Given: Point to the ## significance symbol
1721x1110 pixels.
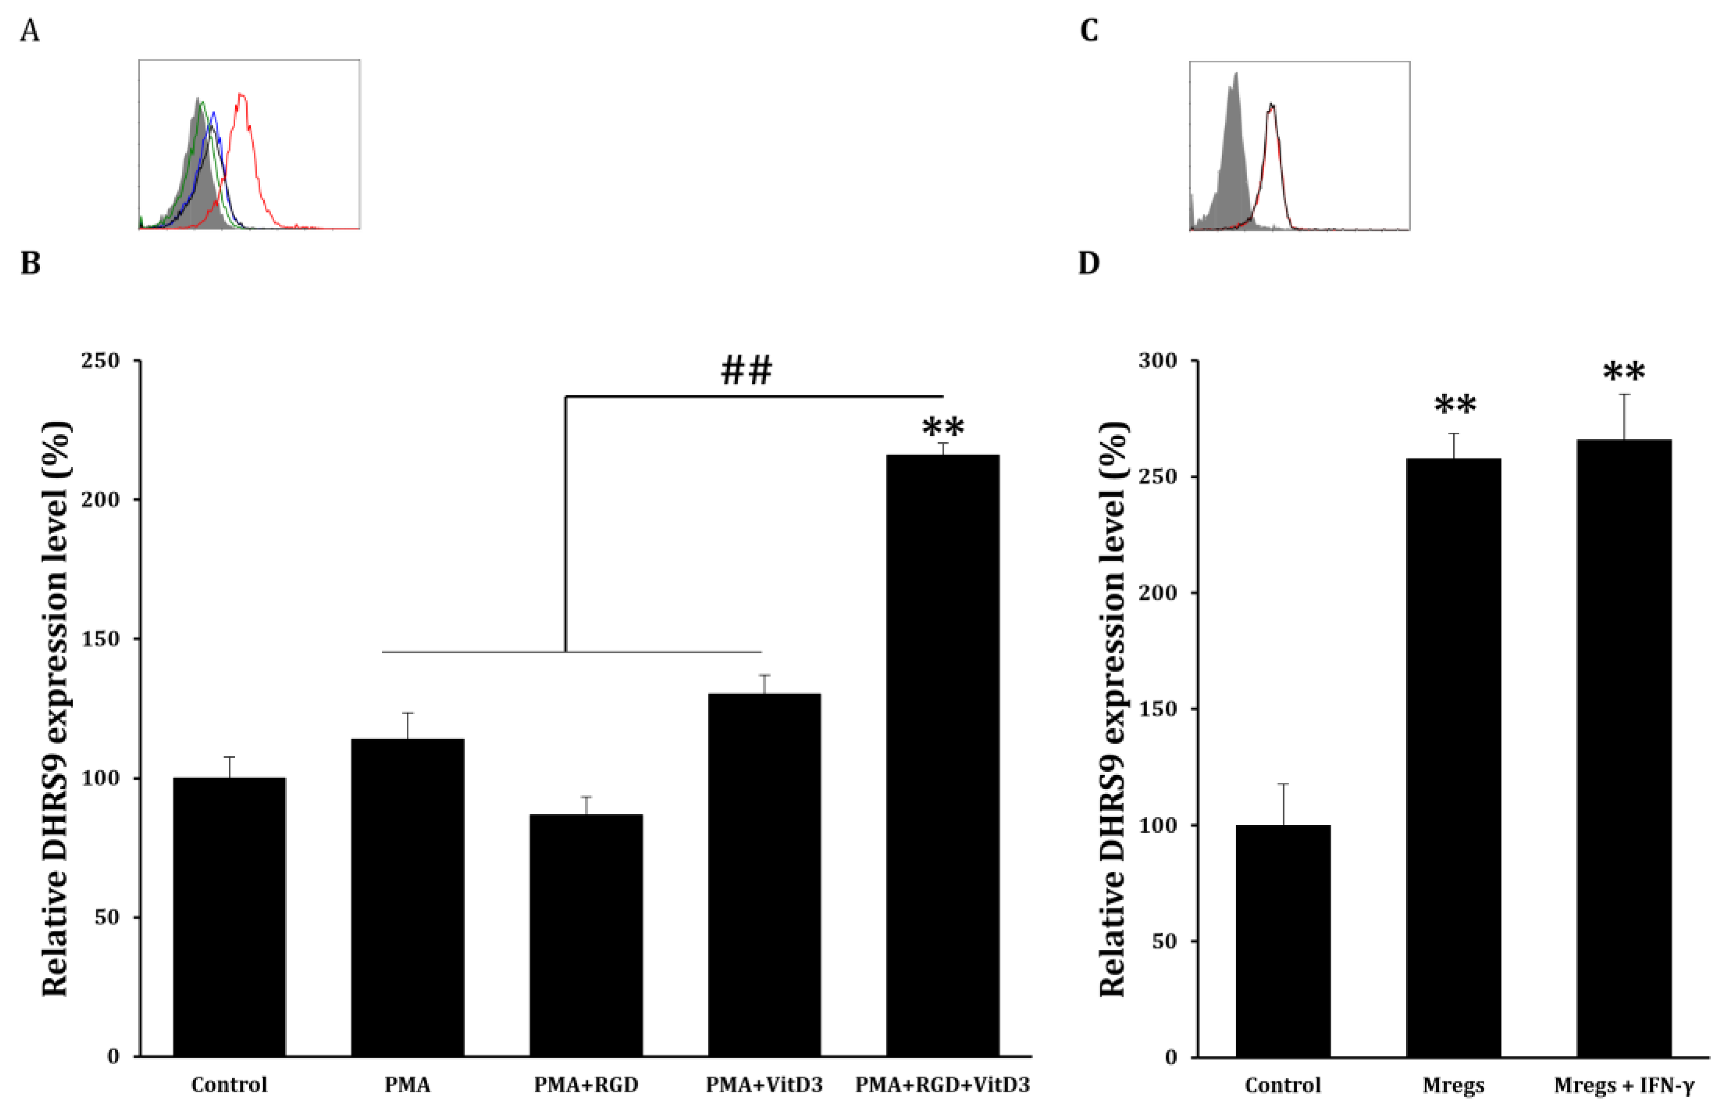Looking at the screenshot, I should pos(746,370).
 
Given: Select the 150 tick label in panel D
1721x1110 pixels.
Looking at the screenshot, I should pos(1158,708).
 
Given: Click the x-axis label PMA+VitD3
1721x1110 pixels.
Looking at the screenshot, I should pos(764,1085).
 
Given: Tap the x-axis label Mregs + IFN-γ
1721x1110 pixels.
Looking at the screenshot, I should pos(1624,1085).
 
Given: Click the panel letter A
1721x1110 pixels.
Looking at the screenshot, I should pos(30,31).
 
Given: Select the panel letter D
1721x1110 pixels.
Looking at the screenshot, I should pos(1089,263).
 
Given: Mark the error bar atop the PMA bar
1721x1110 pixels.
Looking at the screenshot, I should pos(407,725).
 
